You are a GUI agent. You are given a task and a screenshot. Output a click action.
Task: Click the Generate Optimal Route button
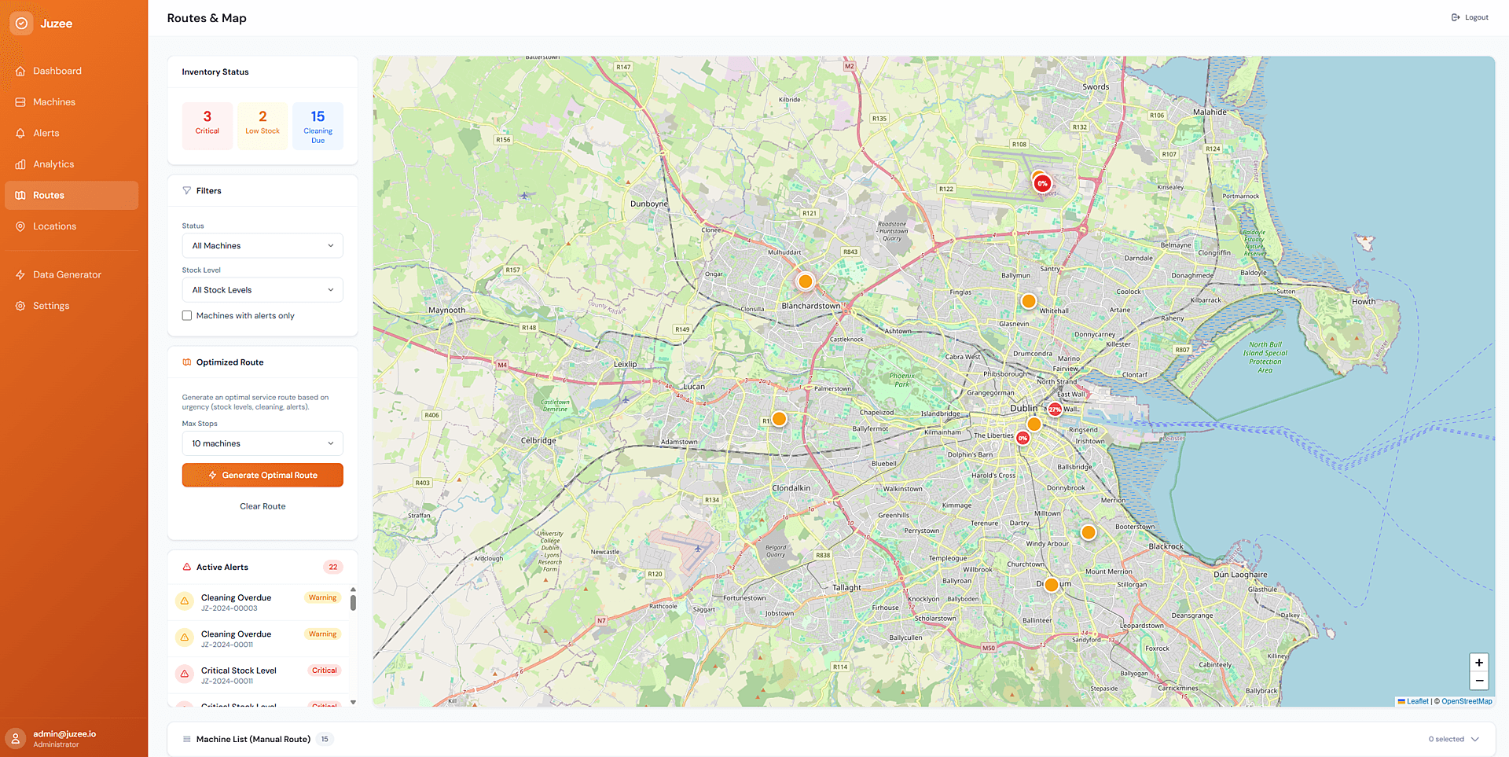(263, 475)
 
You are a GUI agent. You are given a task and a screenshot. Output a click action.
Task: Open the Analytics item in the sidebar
(53, 164)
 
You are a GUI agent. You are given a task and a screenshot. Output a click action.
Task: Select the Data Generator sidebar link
(67, 274)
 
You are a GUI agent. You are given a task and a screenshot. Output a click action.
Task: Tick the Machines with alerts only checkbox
(187, 316)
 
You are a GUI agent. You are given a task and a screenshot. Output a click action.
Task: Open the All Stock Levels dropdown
(263, 290)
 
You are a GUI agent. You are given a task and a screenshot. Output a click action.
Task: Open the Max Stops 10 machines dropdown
(263, 443)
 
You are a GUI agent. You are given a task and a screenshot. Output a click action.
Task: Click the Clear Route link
(263, 506)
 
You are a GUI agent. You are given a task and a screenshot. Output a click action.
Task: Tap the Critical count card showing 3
(207, 125)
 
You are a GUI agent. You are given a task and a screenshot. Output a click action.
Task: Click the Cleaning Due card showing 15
(318, 126)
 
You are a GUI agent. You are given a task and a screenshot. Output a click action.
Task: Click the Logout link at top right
(1470, 17)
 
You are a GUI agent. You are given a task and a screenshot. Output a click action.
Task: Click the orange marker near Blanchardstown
(805, 281)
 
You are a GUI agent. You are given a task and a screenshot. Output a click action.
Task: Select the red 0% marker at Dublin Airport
(1042, 184)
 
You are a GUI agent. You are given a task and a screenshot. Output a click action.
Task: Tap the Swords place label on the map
(1096, 87)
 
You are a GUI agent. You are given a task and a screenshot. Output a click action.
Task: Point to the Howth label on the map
(1364, 302)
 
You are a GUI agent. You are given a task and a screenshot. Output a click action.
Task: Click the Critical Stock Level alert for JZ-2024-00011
(238, 674)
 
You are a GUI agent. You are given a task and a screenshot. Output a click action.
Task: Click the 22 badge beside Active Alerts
(333, 567)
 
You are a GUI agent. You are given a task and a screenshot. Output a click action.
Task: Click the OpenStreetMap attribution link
(1467, 701)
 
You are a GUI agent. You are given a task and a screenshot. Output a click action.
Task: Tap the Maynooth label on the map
(446, 311)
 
